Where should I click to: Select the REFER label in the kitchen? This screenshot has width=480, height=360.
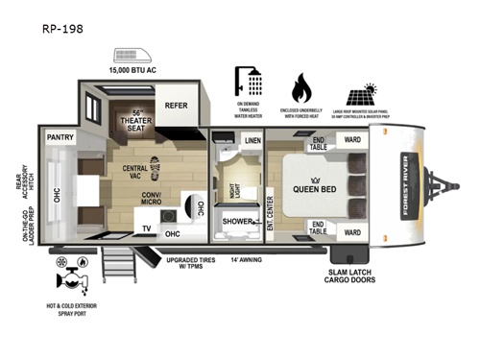[x=176, y=107]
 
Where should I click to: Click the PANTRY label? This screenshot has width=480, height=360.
[x=60, y=138]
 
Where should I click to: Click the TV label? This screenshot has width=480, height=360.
[x=147, y=228]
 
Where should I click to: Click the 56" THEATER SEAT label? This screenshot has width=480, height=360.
[x=137, y=123]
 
